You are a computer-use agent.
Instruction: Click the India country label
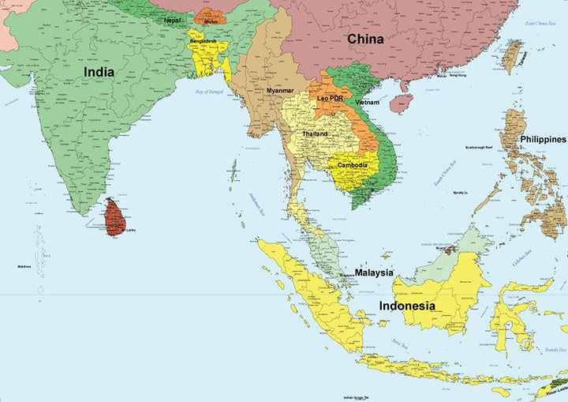pos(99,72)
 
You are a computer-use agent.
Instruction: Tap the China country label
pos(365,39)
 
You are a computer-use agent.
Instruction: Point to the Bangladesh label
pos(202,41)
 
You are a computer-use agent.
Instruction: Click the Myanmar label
pos(279,91)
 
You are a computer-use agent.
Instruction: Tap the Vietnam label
pos(367,103)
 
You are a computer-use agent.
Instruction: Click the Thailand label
pos(315,134)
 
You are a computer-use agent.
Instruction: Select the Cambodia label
pos(352,165)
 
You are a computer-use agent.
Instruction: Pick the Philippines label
pos(543,139)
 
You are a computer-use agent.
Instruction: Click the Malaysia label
pos(374,272)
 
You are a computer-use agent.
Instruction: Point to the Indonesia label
pos(407,305)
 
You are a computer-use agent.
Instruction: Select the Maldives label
pos(24,266)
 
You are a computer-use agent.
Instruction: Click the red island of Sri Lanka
pos(115,216)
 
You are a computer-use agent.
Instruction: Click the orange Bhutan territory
pos(210,16)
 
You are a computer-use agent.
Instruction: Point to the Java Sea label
pos(400,344)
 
